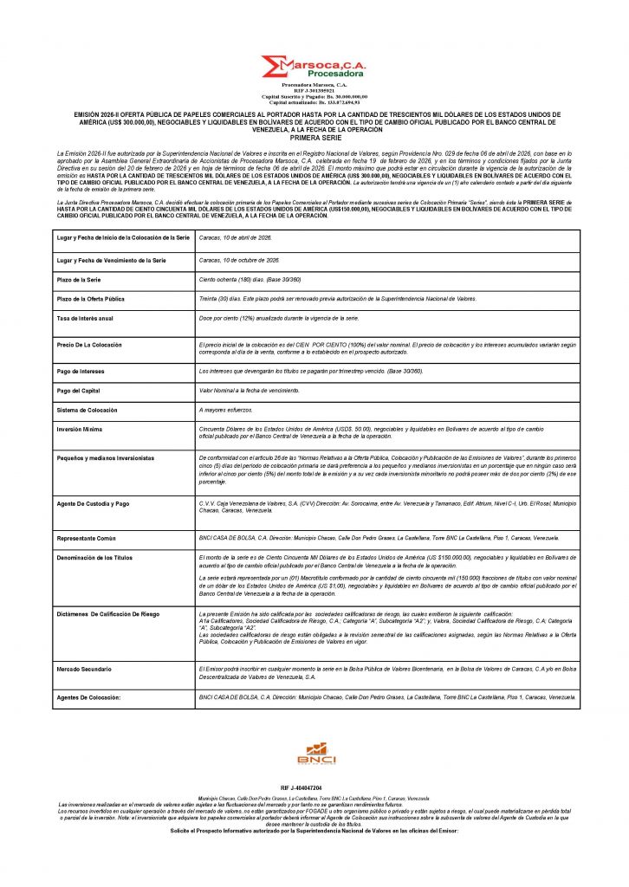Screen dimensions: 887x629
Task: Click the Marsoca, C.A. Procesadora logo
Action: pos(314,68)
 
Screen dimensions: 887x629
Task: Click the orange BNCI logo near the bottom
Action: pos(315,753)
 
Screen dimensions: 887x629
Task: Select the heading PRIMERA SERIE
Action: pos(314,138)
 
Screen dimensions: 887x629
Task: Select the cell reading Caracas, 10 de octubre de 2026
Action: pos(239,260)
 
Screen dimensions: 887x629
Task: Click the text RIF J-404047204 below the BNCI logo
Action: pos(314,787)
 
